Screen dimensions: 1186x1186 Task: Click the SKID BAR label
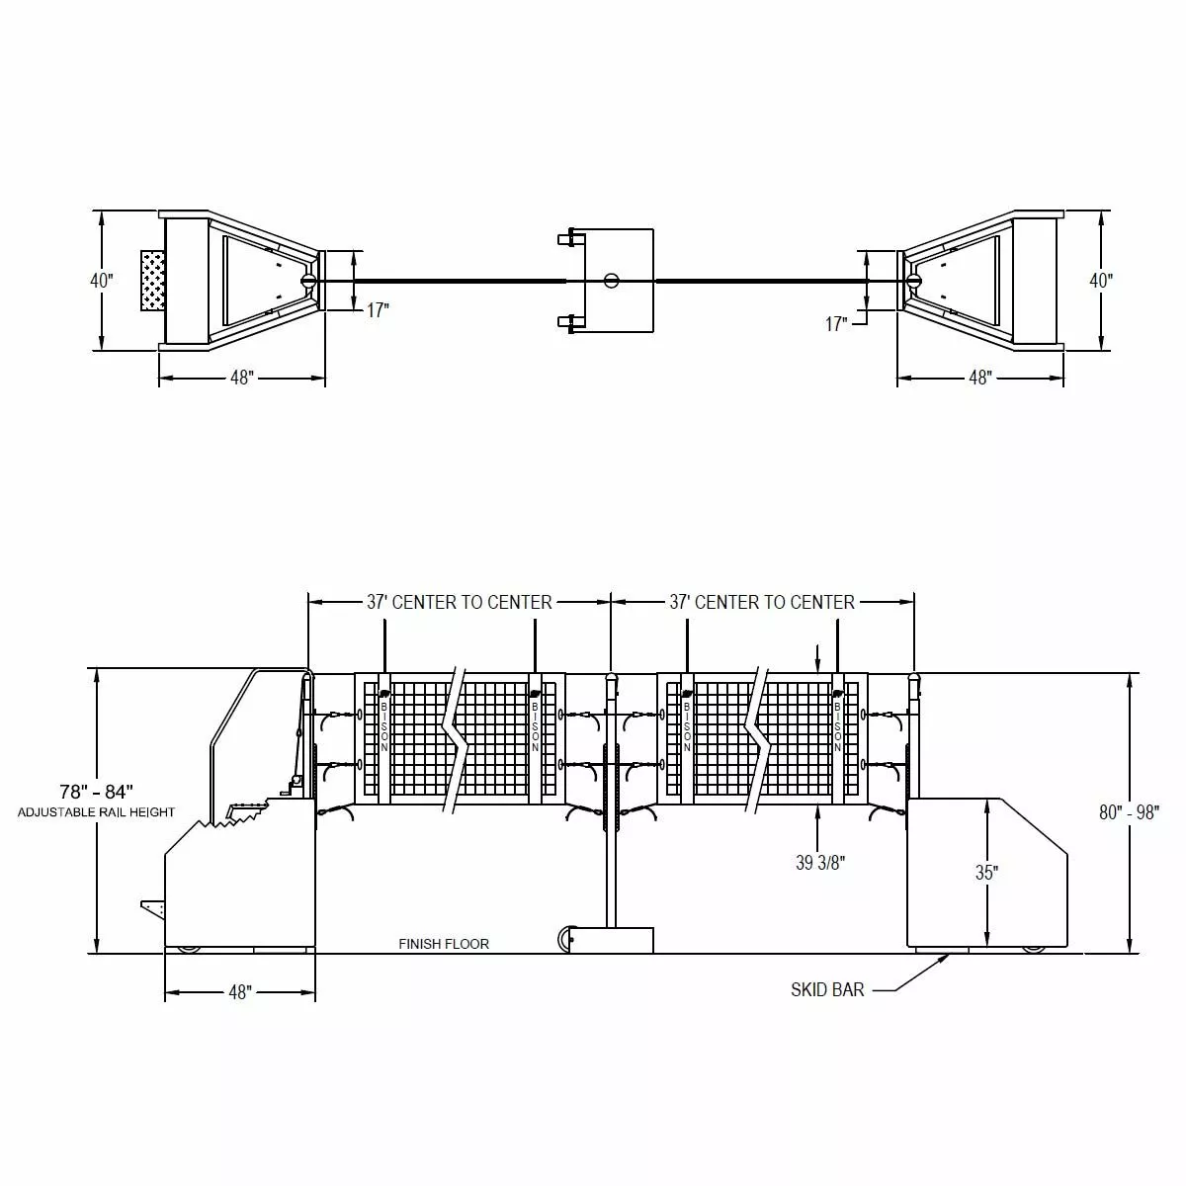click(826, 989)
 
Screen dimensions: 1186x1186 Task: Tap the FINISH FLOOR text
click(443, 944)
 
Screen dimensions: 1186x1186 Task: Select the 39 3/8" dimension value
click(819, 863)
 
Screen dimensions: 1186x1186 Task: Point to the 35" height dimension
click(986, 872)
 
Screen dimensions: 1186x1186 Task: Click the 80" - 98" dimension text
click(1129, 812)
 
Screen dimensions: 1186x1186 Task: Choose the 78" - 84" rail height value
click(97, 791)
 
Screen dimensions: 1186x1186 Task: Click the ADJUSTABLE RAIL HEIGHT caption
click(96, 812)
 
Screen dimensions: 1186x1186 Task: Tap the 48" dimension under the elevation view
click(240, 992)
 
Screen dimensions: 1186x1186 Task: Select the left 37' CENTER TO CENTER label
click(460, 602)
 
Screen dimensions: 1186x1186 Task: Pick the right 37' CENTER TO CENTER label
click(762, 602)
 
